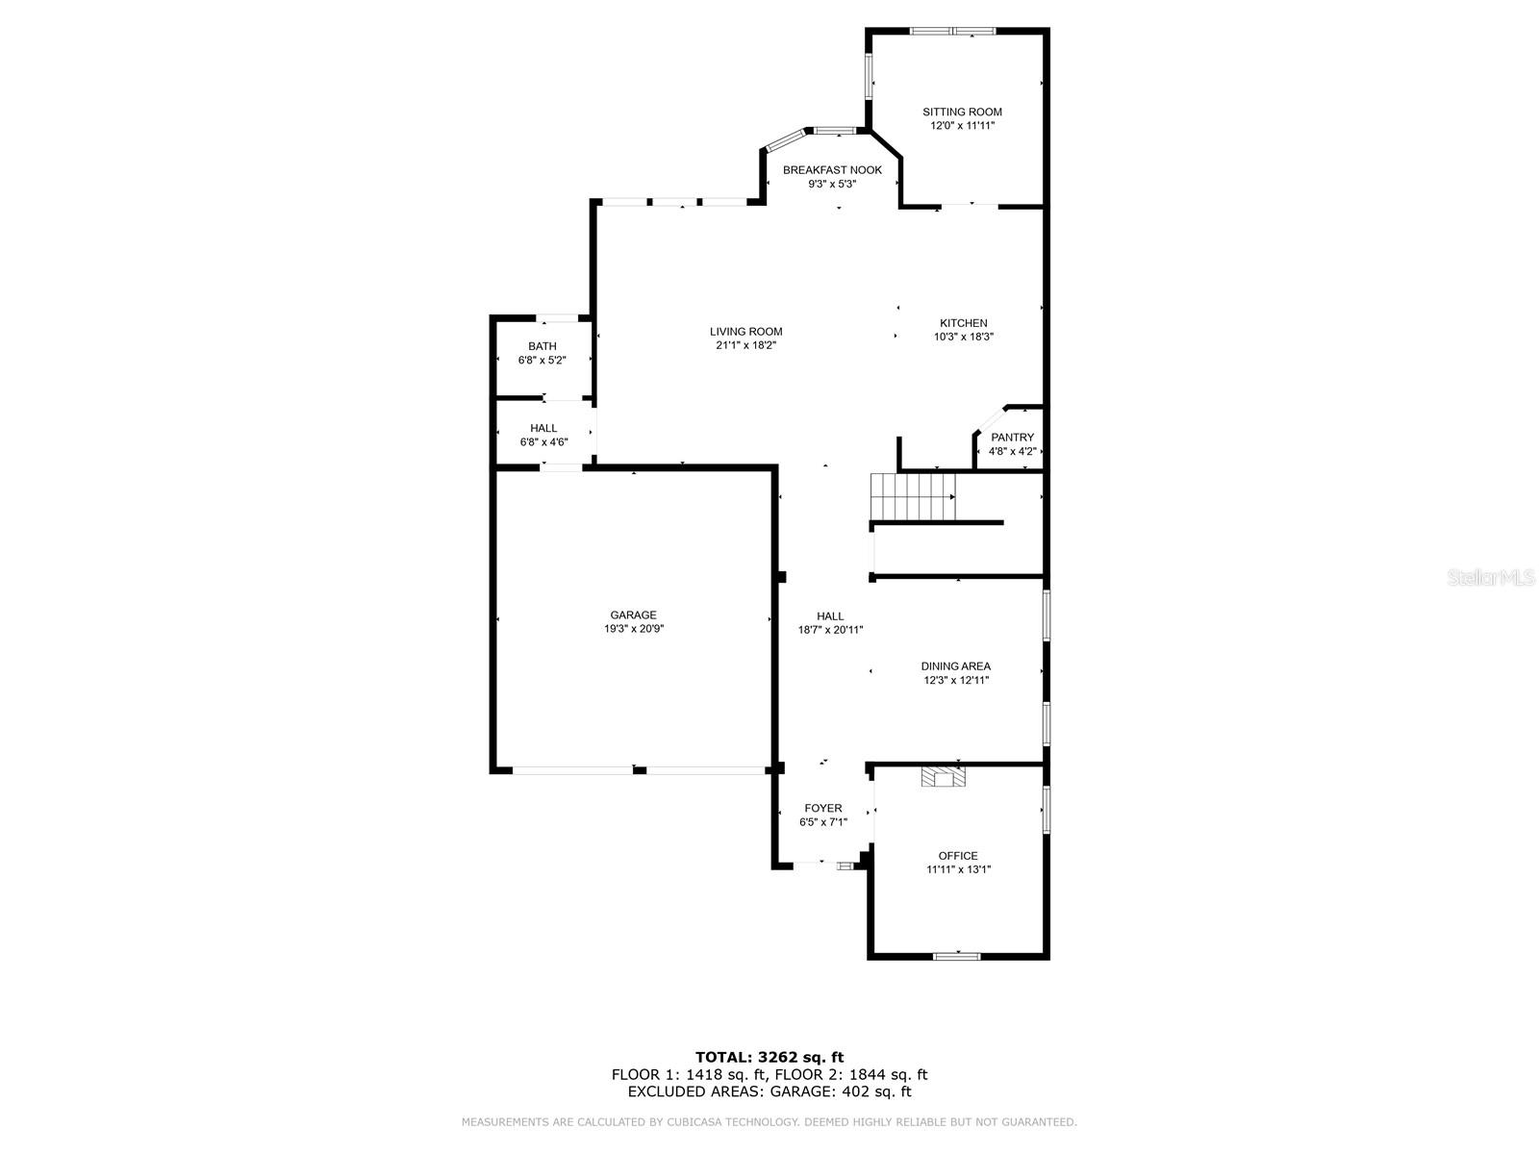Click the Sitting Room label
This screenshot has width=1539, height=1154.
tap(961, 113)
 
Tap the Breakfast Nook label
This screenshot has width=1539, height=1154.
tap(832, 170)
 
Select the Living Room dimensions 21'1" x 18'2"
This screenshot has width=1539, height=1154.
tap(745, 345)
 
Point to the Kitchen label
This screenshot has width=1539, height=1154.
tap(963, 323)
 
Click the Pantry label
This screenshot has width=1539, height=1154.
tap(1012, 438)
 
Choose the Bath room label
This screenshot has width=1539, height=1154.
tap(542, 346)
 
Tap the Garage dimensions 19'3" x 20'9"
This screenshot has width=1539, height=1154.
tap(633, 629)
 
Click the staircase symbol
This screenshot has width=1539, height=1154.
tap(912, 496)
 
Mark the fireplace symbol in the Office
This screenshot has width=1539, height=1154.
tap(942, 776)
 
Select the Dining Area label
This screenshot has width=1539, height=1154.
tap(955, 666)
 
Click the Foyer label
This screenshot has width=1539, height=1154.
tap(822, 809)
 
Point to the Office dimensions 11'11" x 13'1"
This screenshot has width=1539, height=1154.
tap(958, 869)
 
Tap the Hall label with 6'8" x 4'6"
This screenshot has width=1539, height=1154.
tap(543, 428)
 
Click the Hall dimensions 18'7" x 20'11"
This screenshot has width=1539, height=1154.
tap(829, 630)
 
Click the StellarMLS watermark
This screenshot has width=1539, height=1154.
tap(1491, 577)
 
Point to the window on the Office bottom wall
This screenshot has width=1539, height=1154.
tap(956, 956)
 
